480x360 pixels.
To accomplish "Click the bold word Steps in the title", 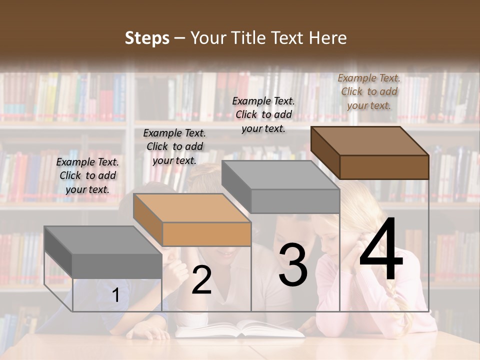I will tap(147, 38).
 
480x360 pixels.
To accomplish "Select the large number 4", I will tap(381, 249).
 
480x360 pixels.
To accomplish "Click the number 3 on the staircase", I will tap(293, 264).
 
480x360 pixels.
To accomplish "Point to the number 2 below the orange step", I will tap(201, 280).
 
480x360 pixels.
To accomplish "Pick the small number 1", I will tap(115, 295).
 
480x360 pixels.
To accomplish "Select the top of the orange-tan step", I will tap(192, 208).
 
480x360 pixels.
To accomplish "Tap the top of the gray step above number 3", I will tap(280, 175).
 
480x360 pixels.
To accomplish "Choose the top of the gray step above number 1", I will tap(103, 240).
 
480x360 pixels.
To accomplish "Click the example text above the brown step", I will tap(369, 91).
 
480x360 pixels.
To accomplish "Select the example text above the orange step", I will tap(174, 146).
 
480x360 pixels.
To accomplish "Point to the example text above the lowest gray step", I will tap(87, 175).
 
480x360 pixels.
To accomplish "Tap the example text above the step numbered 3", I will tap(263, 114).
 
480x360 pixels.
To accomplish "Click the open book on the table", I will tap(240, 328).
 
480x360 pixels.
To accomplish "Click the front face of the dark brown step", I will tap(384, 167).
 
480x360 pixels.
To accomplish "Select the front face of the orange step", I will tap(206, 234).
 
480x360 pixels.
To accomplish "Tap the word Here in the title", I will tap(328, 38).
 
